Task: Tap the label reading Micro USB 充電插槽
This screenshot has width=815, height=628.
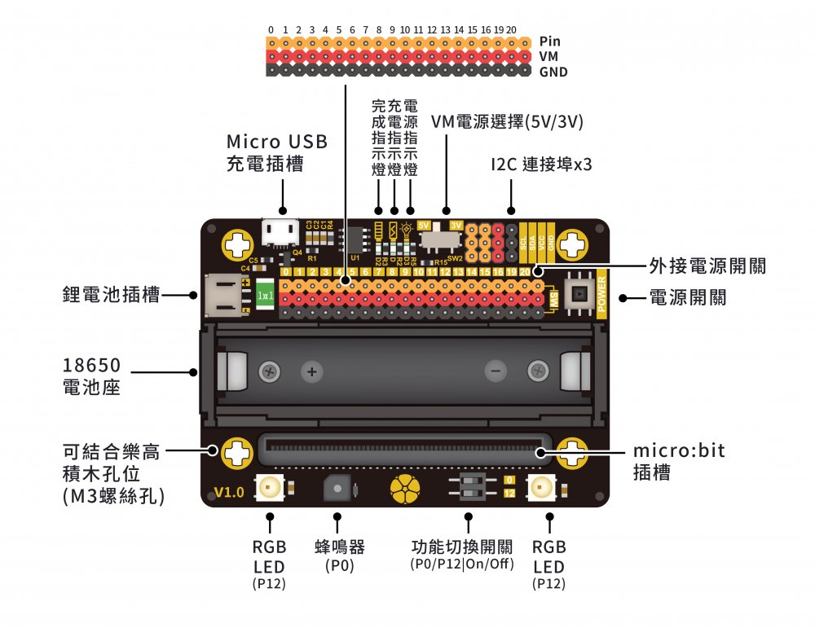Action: click(277, 152)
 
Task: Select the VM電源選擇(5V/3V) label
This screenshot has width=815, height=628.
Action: click(507, 122)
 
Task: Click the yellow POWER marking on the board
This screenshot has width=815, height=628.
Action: click(602, 292)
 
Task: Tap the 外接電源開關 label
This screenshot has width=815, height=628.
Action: click(707, 266)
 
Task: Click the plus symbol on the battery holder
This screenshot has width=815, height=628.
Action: click(311, 372)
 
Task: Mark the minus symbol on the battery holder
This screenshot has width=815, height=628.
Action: click(494, 372)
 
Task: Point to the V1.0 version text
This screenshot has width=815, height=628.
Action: click(228, 492)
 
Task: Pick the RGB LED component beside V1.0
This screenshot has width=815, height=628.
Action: click(269, 488)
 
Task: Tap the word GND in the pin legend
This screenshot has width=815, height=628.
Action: click(553, 72)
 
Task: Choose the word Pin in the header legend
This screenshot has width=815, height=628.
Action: click(549, 41)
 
